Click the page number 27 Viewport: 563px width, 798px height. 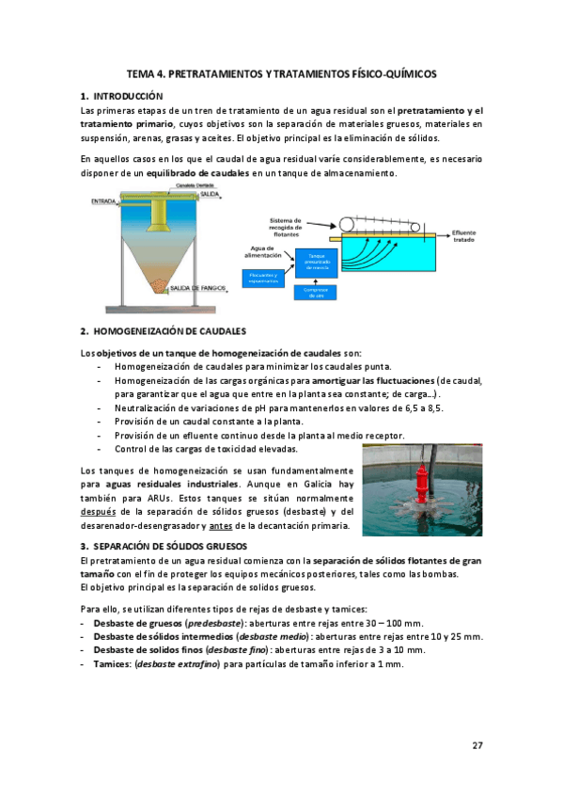click(477, 745)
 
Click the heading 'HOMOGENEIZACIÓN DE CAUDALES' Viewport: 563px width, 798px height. click(169, 331)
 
